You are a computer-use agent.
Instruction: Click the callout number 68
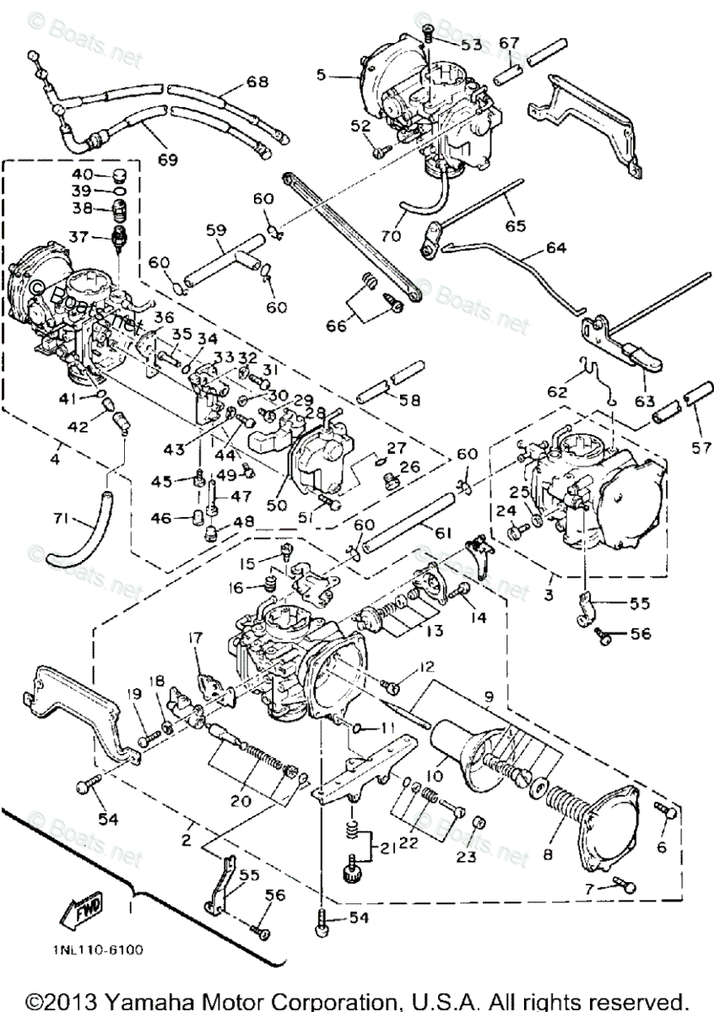257,82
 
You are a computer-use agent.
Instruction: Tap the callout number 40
81,175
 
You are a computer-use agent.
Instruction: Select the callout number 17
196,638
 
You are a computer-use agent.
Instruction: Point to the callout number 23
468,857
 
